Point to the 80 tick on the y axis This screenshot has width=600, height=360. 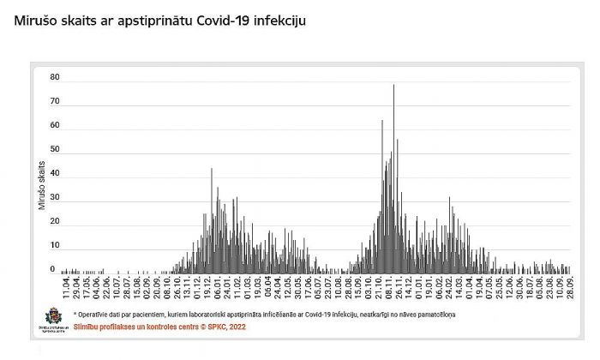point(54,77)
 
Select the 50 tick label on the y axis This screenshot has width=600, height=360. point(54,149)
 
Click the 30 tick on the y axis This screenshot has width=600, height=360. point(54,197)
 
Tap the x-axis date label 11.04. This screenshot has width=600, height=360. point(65,285)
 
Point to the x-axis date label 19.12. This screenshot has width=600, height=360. point(208,285)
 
